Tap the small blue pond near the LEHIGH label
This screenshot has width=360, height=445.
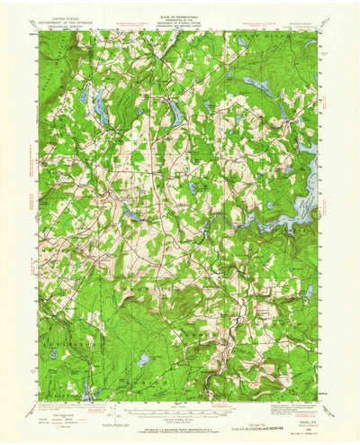click(143, 359)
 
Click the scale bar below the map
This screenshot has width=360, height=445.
click(180, 410)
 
